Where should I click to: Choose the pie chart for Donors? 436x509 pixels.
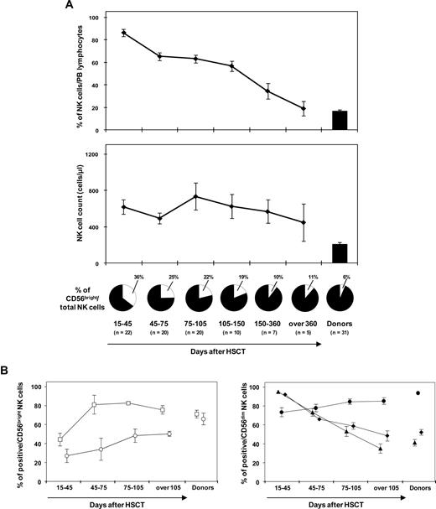coord(340,299)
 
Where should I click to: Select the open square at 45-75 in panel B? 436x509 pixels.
coord(94,404)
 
